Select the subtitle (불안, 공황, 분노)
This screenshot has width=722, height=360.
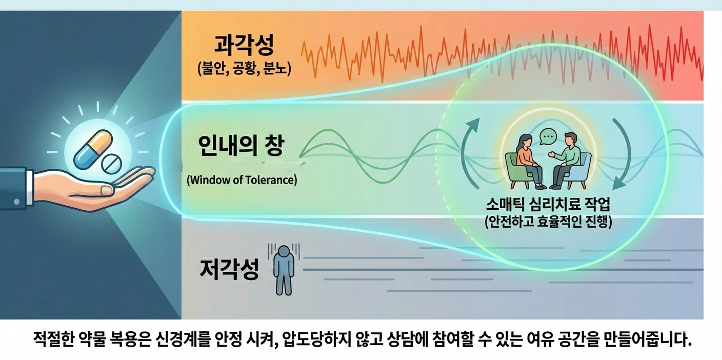click(x=244, y=68)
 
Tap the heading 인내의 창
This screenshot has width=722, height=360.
click(x=241, y=145)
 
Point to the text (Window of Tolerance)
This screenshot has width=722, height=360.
click(x=242, y=180)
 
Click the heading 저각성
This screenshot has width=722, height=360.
click(x=229, y=269)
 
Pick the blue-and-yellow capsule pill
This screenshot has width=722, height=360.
click(x=93, y=150)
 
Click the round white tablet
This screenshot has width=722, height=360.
click(x=111, y=164)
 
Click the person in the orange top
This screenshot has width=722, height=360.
click(x=529, y=161)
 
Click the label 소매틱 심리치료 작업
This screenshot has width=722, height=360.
click(x=548, y=204)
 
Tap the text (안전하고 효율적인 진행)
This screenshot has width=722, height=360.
click(x=548, y=222)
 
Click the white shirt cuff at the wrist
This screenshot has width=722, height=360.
click(x=29, y=187)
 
